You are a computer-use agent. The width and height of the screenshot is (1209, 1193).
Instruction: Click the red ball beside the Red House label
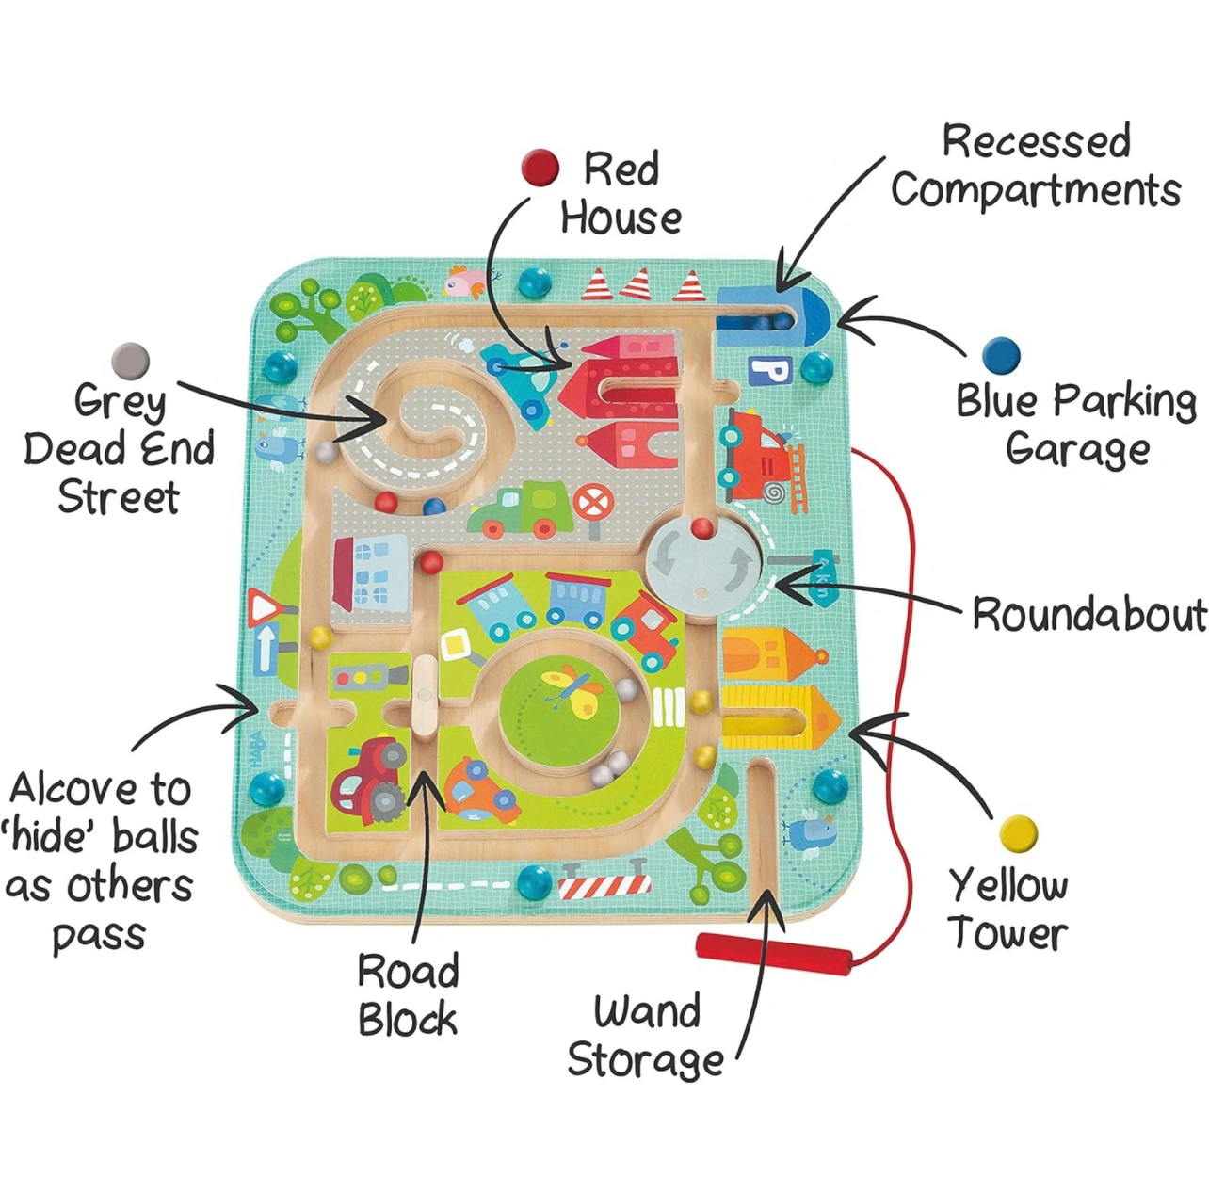(x=540, y=169)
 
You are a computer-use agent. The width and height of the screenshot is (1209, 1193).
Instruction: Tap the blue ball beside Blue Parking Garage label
(x=1000, y=356)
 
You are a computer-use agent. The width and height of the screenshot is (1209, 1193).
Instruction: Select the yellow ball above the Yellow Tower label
(x=1019, y=833)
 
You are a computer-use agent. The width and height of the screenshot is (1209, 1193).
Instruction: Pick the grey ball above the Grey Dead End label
(x=130, y=361)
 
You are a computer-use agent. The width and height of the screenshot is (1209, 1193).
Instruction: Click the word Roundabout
(x=1088, y=615)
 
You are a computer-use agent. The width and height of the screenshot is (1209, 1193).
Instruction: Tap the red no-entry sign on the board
(x=591, y=503)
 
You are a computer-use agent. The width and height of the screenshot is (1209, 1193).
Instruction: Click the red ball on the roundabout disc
(x=701, y=528)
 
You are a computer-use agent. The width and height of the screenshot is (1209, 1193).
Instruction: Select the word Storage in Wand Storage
(x=646, y=1060)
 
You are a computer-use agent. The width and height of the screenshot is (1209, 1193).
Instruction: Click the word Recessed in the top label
(x=1036, y=142)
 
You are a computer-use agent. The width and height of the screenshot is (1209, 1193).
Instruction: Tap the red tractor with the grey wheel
(x=370, y=776)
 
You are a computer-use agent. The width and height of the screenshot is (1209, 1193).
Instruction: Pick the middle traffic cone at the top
(x=637, y=282)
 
